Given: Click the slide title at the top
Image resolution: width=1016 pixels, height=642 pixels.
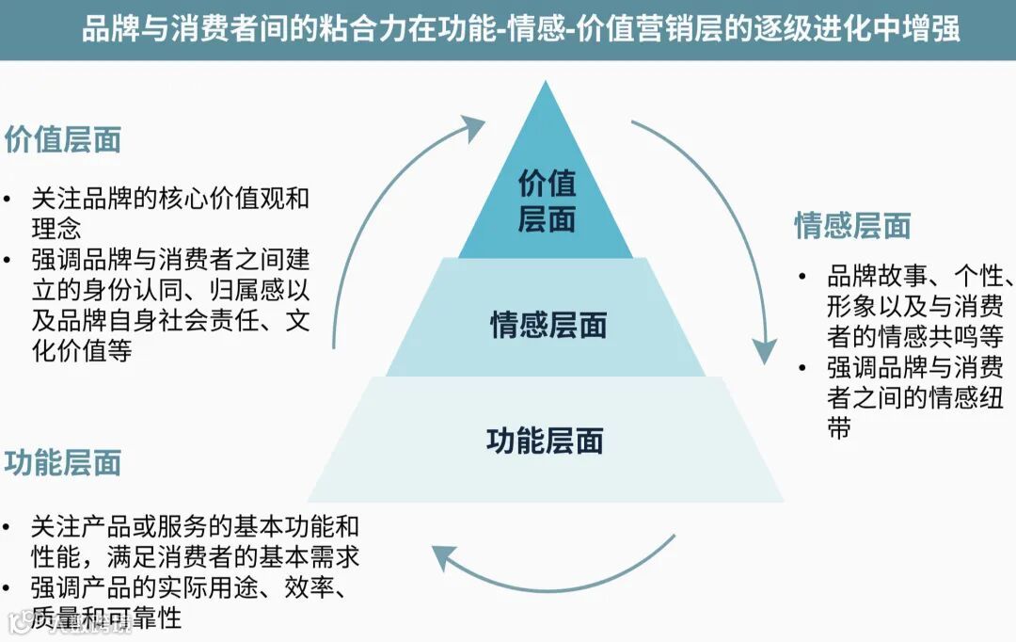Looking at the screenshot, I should click(520, 29).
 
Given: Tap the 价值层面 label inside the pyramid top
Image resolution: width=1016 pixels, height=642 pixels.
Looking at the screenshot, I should click(547, 201).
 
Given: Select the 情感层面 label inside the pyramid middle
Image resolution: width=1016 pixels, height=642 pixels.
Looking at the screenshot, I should click(548, 326).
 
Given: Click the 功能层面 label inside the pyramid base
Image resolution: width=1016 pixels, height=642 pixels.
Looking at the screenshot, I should click(546, 441).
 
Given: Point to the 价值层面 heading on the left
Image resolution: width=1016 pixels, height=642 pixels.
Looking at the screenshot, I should click(63, 139).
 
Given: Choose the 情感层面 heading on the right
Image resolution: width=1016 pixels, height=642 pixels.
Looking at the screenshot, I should click(852, 226).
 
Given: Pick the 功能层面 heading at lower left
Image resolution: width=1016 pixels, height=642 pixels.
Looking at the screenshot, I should click(63, 463).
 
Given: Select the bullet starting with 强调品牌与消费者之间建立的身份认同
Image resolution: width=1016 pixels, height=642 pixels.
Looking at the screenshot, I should click(169, 304).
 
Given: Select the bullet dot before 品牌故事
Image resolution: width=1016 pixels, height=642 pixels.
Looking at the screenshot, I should click(802, 278).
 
